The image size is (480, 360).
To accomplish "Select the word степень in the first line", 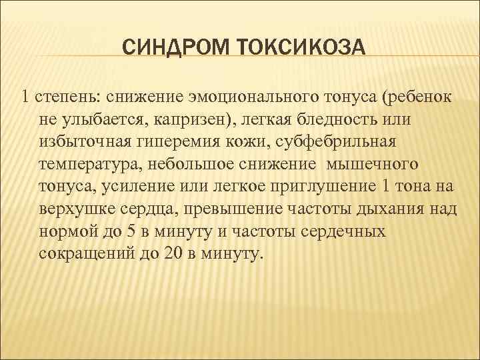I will (65, 97).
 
